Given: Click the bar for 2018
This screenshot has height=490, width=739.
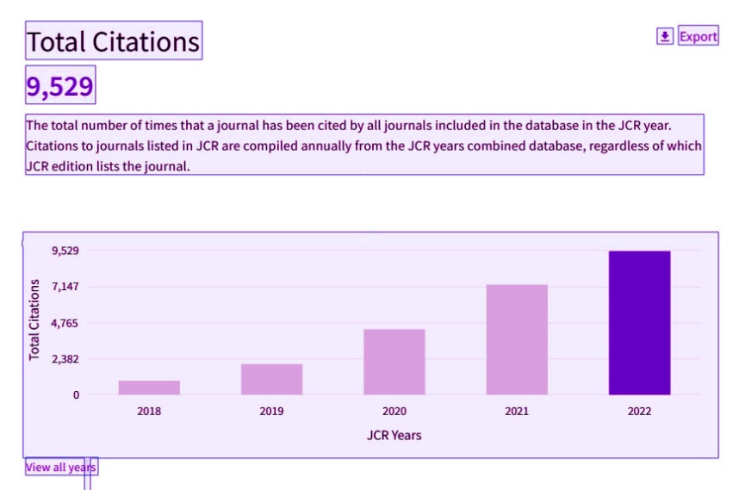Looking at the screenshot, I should [149, 388].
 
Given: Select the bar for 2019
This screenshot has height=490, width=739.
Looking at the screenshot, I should [271, 379].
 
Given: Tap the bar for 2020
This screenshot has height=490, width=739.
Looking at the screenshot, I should [394, 362].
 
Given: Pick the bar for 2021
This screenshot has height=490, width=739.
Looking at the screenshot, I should [517, 339].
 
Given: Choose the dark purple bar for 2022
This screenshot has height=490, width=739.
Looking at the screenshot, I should [639, 323].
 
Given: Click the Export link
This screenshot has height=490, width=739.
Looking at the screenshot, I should [698, 36].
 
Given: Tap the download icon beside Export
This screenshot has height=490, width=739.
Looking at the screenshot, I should [666, 36].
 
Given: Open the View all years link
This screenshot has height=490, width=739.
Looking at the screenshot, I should [61, 467].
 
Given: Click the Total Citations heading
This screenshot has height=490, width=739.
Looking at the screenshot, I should [114, 41].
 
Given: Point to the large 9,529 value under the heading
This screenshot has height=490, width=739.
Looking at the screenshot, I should [60, 86].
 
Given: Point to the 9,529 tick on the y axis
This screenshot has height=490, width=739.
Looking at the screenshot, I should [65, 251].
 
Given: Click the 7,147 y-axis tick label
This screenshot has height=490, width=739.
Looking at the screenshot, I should [65, 287].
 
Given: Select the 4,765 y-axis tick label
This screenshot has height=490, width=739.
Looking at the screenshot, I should [65, 323].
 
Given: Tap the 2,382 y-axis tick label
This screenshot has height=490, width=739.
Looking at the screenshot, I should [65, 359].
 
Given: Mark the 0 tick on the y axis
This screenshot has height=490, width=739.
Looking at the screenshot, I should [76, 395].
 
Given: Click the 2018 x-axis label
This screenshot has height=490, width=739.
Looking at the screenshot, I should [149, 411].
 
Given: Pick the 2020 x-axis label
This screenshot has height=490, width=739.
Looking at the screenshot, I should [394, 411].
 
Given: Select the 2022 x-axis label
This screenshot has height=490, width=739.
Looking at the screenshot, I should [639, 411].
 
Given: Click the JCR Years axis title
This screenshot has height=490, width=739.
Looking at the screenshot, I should [394, 435].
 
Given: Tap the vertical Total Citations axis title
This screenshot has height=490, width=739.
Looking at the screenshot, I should [34, 319].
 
